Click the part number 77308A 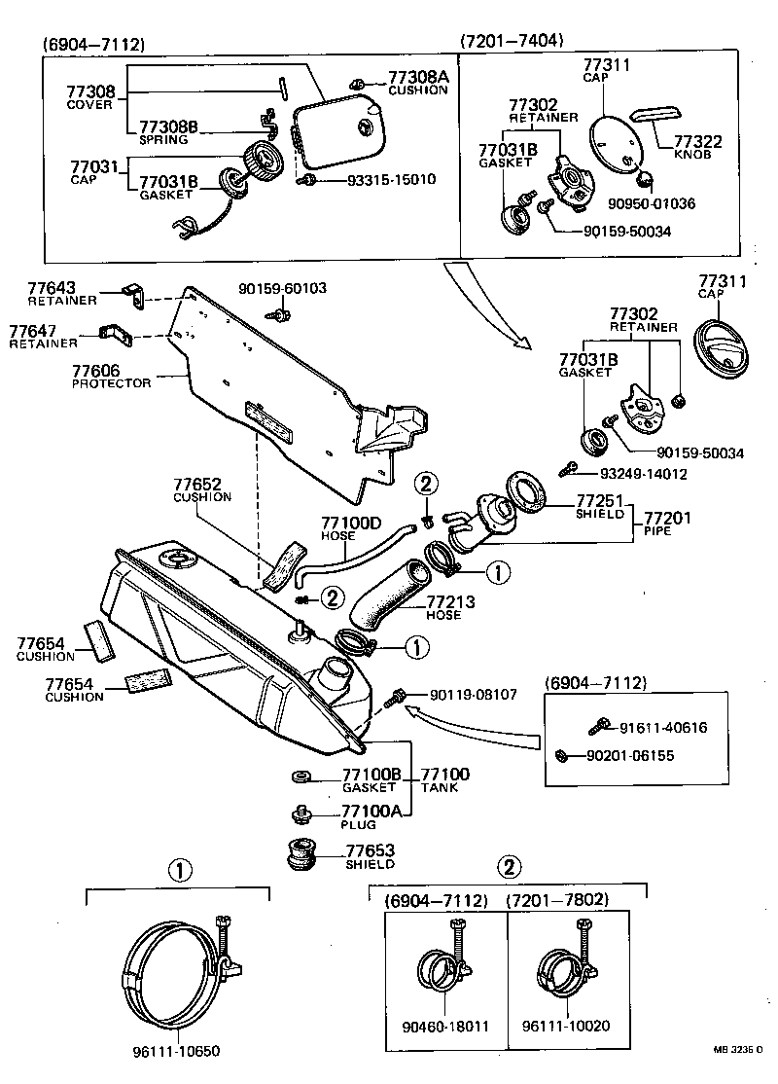pyautogui.click(x=418, y=77)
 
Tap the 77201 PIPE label pyautogui.click(x=666, y=524)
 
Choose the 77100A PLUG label pyautogui.click(x=371, y=816)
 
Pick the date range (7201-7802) pyautogui.click(x=556, y=900)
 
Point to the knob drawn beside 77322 pyautogui.click(x=654, y=115)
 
